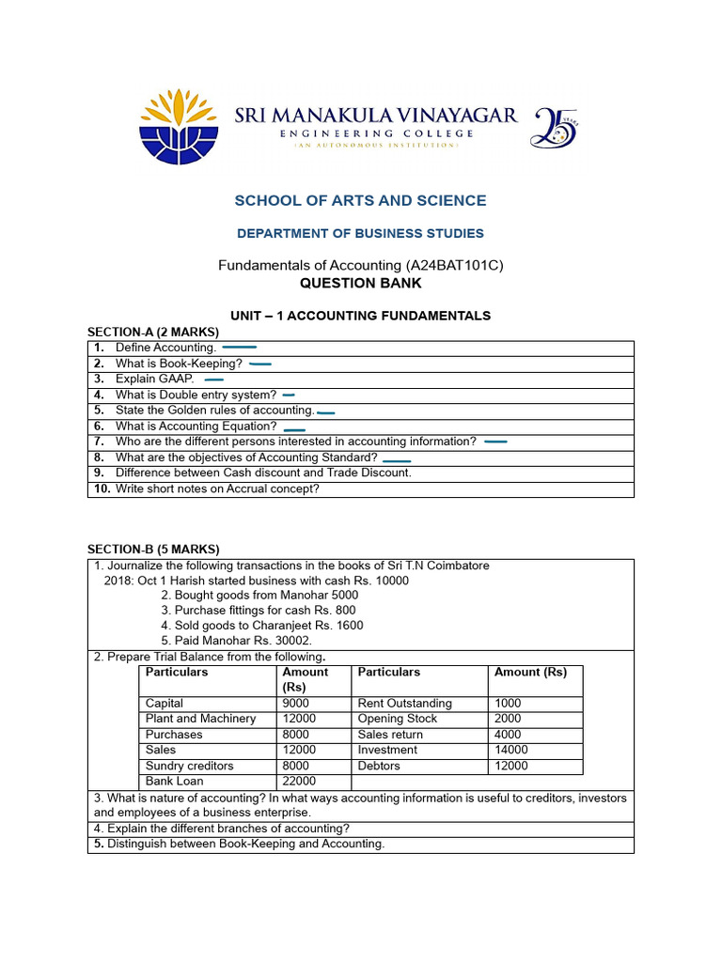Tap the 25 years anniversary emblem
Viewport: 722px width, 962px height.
(555, 127)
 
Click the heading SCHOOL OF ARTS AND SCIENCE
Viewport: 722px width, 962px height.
(360, 200)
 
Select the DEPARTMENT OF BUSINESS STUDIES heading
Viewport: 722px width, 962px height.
(360, 233)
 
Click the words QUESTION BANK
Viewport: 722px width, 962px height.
(360, 283)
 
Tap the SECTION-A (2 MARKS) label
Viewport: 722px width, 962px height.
(152, 332)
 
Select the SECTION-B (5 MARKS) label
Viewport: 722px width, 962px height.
(152, 549)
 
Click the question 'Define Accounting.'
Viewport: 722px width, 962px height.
(165, 348)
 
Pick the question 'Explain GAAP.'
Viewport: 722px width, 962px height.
(155, 379)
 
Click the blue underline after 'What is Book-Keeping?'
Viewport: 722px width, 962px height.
(260, 364)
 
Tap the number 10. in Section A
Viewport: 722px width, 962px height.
(102, 489)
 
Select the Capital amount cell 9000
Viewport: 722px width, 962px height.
(295, 704)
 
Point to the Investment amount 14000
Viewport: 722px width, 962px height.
(510, 750)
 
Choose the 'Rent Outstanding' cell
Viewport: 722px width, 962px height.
(404, 704)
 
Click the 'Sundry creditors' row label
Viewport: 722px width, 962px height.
(189, 766)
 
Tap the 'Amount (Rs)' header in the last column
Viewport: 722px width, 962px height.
(530, 673)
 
